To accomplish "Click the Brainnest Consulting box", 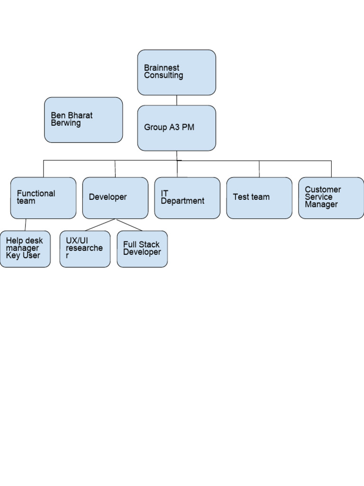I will click(x=176, y=72).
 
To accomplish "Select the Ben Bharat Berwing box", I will click(x=83, y=120).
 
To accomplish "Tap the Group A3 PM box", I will click(x=176, y=128).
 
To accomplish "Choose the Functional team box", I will click(x=43, y=197).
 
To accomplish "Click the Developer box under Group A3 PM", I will click(x=115, y=197).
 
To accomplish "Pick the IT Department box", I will click(x=187, y=197).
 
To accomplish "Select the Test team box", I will click(x=259, y=197).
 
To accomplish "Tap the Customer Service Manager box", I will click(x=331, y=197).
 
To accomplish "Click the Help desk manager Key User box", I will click(x=25, y=249).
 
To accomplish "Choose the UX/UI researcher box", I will click(x=85, y=249).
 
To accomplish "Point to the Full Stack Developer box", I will click(x=142, y=249).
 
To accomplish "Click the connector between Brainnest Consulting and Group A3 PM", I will click(x=177, y=100).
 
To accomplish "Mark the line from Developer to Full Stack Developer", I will click(x=129, y=224).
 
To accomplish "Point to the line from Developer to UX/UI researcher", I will click(x=100, y=224).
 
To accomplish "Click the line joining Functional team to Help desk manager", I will click(x=26, y=224).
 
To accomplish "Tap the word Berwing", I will click(x=66, y=123).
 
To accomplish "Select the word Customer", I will click(x=323, y=189).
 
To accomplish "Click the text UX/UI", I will click(x=77, y=241).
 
